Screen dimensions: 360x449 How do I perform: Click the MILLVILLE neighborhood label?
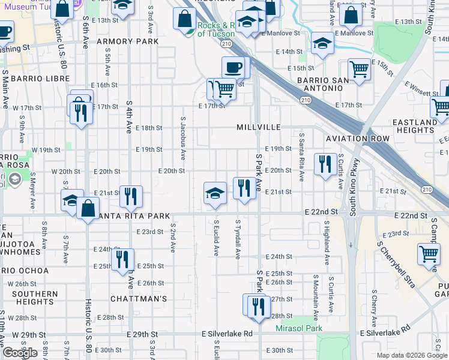pos(259,127)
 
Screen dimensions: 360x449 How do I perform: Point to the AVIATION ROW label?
pos(358,139)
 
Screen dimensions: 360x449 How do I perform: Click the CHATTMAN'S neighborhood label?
pos(138,298)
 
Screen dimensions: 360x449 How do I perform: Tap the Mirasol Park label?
pos(299,328)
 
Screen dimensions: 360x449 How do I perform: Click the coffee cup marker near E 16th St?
pos(233,67)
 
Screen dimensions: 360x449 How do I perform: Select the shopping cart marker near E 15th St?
pos(359,69)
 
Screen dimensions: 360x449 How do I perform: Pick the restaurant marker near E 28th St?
pos(258,305)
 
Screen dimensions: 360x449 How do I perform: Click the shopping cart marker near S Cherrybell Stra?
pos(429,254)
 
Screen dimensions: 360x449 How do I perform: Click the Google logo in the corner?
pos(20,353)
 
